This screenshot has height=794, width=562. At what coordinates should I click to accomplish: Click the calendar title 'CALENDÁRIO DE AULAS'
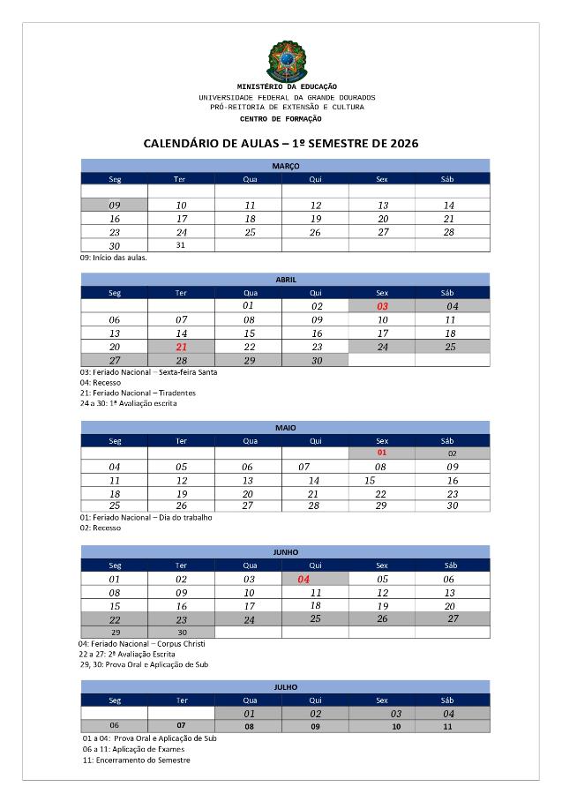[x=281, y=143]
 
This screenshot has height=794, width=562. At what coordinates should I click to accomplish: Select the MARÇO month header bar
[x=285, y=165]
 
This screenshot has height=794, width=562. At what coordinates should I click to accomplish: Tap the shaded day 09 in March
[x=115, y=205]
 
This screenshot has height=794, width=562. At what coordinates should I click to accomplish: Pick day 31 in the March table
[x=181, y=244]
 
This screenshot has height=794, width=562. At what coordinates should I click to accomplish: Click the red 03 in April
[x=382, y=305]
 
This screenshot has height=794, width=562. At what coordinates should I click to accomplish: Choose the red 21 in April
[x=182, y=347]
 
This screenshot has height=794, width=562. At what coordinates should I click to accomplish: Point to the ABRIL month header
[x=285, y=279]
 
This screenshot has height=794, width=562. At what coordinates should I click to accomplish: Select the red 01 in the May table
[x=382, y=453]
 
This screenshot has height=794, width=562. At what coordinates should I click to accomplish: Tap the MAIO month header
[x=285, y=427]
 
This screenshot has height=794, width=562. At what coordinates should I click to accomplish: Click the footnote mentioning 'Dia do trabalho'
[x=146, y=517]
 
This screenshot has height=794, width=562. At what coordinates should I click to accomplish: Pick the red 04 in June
[x=303, y=579]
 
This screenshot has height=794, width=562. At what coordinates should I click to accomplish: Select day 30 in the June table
[x=182, y=632]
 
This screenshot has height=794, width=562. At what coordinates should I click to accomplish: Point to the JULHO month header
[x=285, y=686]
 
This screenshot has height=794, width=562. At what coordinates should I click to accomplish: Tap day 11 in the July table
[x=447, y=726]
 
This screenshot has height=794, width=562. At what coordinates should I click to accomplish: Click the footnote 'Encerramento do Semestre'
[x=136, y=760]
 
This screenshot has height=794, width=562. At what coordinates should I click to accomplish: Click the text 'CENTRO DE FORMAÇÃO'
[x=281, y=118]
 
